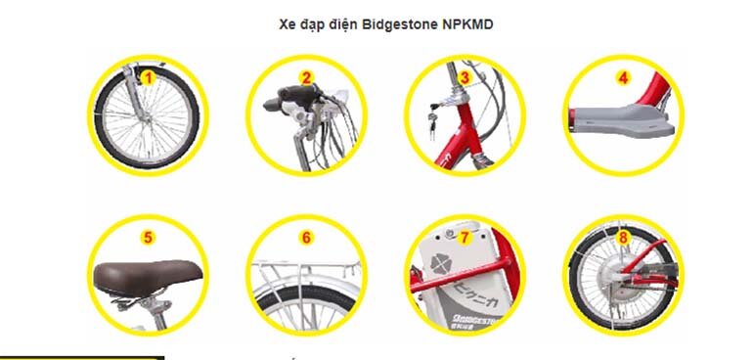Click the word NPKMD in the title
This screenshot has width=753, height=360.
coord(468,23)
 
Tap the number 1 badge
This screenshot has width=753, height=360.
coord(148,76)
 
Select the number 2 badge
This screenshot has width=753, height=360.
coord(306,76)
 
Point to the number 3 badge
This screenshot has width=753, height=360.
coord(465,76)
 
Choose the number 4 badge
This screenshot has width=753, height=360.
coord(623,76)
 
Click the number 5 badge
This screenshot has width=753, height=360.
coord(148,236)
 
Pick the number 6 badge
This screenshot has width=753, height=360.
coord(306,236)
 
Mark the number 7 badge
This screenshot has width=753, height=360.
coord(465,236)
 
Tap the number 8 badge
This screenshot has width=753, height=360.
coord(623,236)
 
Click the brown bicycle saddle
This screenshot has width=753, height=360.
coord(147,274)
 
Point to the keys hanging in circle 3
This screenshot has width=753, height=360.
coord(428,120)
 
